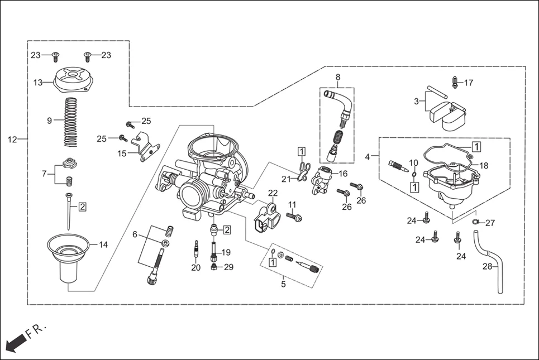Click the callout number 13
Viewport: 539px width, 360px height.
pyautogui.click(x=37, y=83)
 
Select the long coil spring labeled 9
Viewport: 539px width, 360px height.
pyautogui.click(x=70, y=120)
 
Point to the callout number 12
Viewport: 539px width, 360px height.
pyautogui.click(x=12, y=139)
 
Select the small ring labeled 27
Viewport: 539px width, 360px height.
pyautogui.click(x=475, y=223)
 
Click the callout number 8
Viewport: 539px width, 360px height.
pyautogui.click(x=337, y=76)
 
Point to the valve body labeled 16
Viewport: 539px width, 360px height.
pyautogui.click(x=322, y=180)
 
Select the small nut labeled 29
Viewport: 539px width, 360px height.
pyautogui.click(x=214, y=267)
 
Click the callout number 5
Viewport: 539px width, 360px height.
pyautogui.click(x=283, y=285)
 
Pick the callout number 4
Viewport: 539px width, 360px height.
pyautogui.click(x=367, y=157)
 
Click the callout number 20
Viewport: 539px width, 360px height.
pyautogui.click(x=195, y=267)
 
